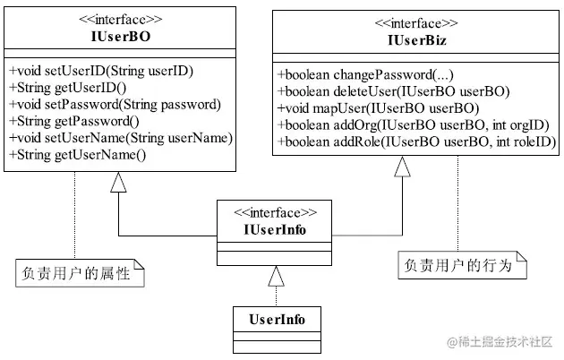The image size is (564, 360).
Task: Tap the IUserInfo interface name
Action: click(x=275, y=230)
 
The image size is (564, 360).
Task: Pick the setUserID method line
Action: click(x=101, y=71)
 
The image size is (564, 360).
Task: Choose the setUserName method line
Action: click(x=121, y=139)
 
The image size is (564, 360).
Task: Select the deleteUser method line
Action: click(x=394, y=91)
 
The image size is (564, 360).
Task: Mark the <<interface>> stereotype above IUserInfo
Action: click(x=275, y=213)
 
